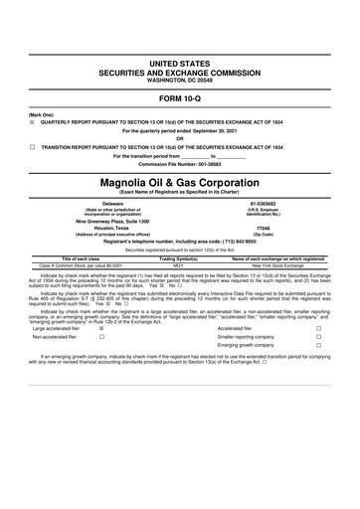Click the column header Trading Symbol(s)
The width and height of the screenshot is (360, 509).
[x=179, y=258]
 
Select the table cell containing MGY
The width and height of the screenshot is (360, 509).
[x=179, y=265]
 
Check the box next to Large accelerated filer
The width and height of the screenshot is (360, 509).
[x=101, y=327]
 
